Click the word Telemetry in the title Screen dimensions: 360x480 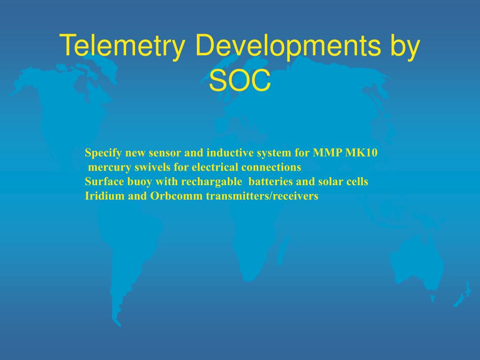(x=122, y=47)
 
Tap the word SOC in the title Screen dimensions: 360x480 (x=240, y=82)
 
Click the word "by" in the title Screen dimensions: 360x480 (x=404, y=47)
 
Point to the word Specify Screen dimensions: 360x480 (x=100, y=153)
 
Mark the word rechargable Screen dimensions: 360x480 (x=211, y=182)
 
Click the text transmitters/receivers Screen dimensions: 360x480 (x=262, y=196)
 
